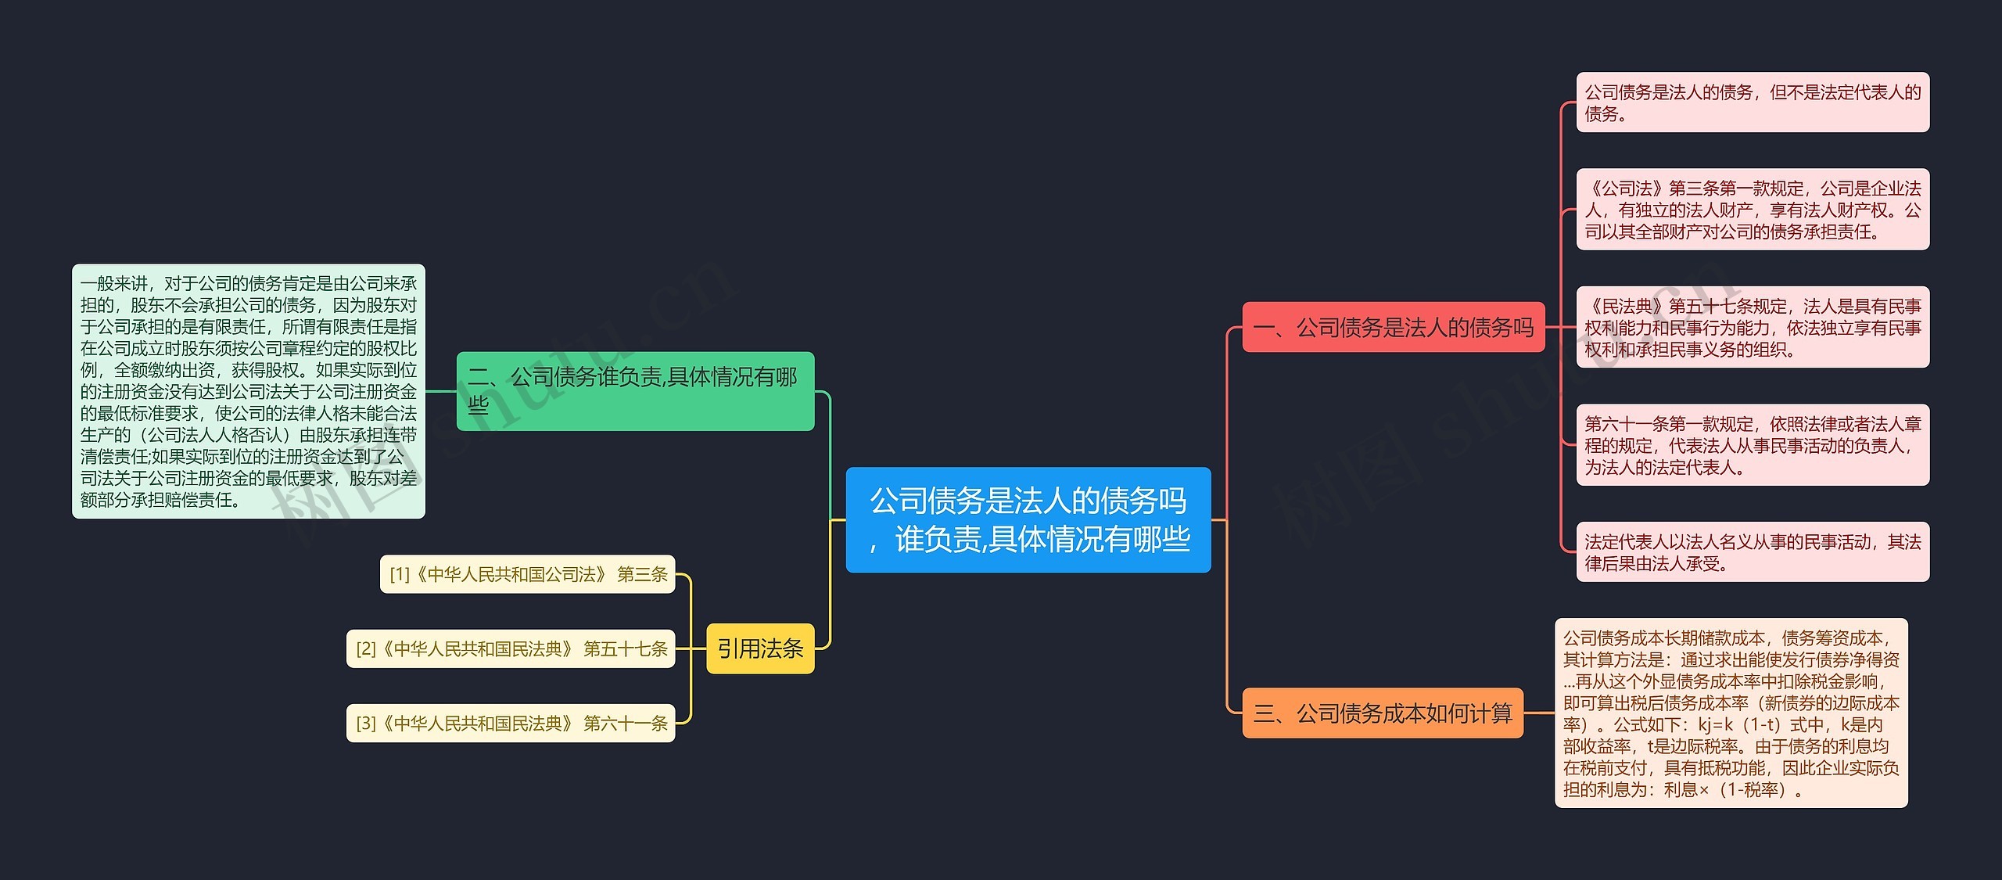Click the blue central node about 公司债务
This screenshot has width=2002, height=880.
pos(1028,519)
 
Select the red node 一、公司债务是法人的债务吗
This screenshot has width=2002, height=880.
pos(1393,327)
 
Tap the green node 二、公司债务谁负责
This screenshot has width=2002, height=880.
pos(634,390)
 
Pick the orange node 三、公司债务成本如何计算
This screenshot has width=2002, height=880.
pos(1382,713)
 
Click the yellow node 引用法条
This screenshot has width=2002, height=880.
pos(759,648)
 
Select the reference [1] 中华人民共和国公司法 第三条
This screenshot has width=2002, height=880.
pos(527,574)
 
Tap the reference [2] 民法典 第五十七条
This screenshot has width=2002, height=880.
pos(511,648)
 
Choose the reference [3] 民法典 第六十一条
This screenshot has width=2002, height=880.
pos(511,723)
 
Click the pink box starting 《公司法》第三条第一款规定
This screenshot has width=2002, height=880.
pos(1752,210)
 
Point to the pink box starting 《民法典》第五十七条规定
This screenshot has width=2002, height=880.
pos(1752,327)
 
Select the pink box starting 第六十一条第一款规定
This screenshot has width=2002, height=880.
pos(1752,445)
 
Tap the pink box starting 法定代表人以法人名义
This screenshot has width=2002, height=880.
pos(1752,551)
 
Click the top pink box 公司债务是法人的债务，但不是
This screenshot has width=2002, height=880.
pos(1752,102)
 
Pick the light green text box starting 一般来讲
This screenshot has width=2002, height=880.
pos(248,390)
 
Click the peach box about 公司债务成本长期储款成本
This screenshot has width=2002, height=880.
pos(1730,713)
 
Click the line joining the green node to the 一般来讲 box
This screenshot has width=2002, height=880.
pos(440,390)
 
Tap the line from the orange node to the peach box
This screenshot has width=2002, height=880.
pos(1538,713)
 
